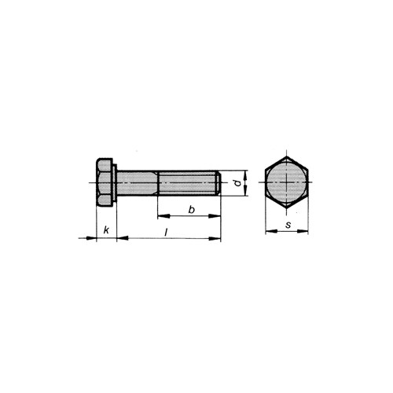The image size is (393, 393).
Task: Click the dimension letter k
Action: click(106, 230)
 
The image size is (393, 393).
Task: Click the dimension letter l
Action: click(166, 232)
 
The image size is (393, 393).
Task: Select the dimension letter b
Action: click(192, 210)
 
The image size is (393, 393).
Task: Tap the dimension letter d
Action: click(237, 183)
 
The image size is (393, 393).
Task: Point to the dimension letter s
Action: click(288, 225)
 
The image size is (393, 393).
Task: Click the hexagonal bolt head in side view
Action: click(105, 182)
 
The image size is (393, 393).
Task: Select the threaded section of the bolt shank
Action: click(188, 183)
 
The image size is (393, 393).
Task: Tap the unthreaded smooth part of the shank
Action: click(138, 183)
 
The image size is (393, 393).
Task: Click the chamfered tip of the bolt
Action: click(219, 183)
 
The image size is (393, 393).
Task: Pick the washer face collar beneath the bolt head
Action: click(116, 183)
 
